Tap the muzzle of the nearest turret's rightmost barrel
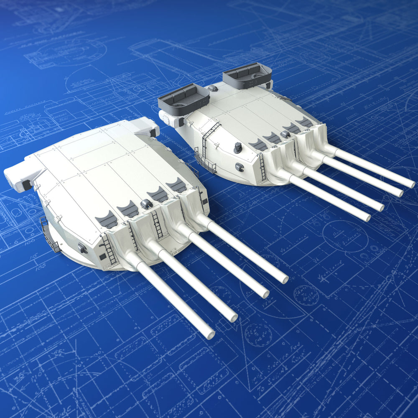pyautogui.click(x=284, y=279)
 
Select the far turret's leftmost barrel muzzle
pyautogui.click(x=367, y=217)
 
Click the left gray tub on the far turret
pyautogui.click(x=184, y=99)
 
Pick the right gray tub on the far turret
pyautogui.click(x=247, y=76)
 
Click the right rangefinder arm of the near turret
pyautogui.click(x=145, y=126)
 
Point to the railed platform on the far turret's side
pyautogui.click(x=205, y=163)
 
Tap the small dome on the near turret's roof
pyautogui.click(x=147, y=204)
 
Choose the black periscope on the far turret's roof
pyautogui.click(x=238, y=148)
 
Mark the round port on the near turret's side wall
pyautogui.click(x=82, y=248)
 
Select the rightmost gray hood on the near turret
pyautogui.click(x=176, y=185)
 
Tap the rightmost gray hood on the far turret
pyautogui.click(x=305, y=122)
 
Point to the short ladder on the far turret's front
pyautogui.click(x=262, y=167)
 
